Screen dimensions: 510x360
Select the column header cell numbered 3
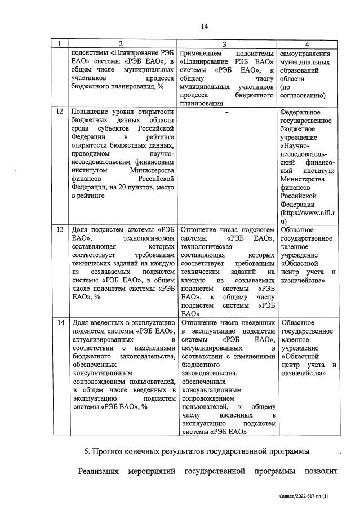coord(226,44)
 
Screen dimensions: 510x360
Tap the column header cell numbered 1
coord(60,44)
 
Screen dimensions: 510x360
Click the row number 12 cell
coord(60,112)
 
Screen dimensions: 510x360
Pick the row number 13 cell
coord(60,230)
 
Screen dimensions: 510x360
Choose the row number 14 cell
coord(60,322)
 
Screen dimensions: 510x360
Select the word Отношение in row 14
coord(201,322)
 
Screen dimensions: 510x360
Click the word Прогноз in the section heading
coord(117,452)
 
